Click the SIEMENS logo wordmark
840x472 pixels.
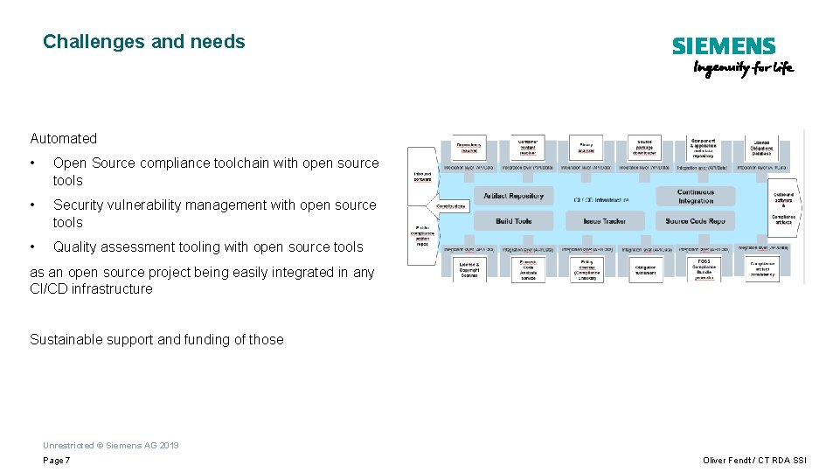724,46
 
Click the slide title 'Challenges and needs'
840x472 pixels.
144,41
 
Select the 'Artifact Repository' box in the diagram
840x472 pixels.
513,196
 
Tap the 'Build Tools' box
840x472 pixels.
513,221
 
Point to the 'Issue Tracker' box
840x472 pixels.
605,221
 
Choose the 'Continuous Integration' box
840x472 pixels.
696,197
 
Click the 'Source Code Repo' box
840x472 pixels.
695,221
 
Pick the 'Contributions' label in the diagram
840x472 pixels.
451,206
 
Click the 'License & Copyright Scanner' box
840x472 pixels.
469,269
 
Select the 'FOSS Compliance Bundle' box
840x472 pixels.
704,269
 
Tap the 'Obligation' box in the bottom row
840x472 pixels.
645,270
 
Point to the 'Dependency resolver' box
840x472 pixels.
469,148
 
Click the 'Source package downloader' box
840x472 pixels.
644,147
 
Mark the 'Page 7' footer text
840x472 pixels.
57,461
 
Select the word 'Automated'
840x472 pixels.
64,138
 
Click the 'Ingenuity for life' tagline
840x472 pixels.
743,69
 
